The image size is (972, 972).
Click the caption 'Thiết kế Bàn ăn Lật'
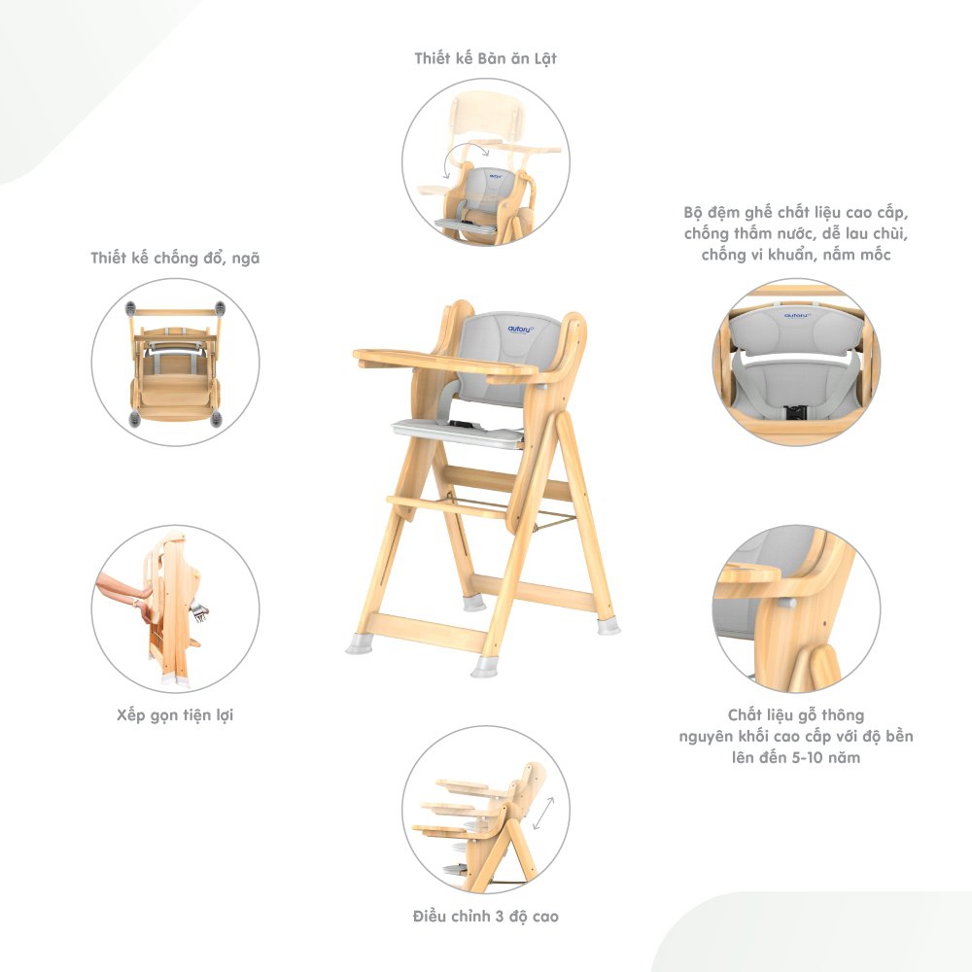click(485, 58)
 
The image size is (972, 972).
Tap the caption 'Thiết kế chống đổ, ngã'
click(175, 258)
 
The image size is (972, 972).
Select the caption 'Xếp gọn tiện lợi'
click(175, 714)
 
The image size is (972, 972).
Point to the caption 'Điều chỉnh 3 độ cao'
click(485, 917)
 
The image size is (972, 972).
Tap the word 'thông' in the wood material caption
click(840, 715)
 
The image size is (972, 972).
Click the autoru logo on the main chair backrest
click(520, 329)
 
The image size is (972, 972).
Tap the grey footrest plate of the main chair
click(458, 433)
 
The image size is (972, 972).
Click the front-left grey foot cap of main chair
click(359, 643)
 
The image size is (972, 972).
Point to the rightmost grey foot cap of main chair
click(608, 626)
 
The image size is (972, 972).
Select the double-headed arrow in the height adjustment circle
click(543, 814)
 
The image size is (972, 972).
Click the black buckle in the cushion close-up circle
click(795, 411)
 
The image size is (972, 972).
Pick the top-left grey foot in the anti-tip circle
click(130, 309)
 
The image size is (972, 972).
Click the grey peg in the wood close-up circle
click(788, 602)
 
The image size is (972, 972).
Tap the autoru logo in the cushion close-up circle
click(798, 316)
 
